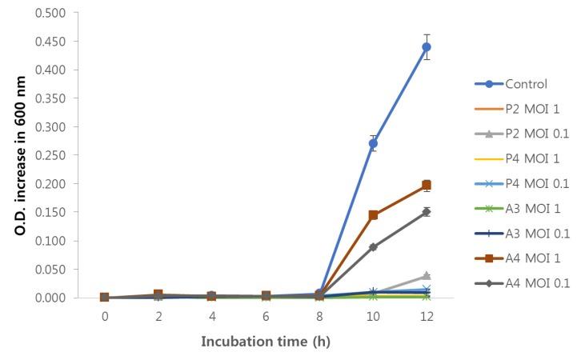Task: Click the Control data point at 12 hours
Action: tap(427, 47)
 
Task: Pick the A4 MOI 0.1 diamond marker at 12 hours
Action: tap(427, 212)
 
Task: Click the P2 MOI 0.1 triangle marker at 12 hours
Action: tap(427, 276)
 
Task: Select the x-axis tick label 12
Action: tap(427, 315)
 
